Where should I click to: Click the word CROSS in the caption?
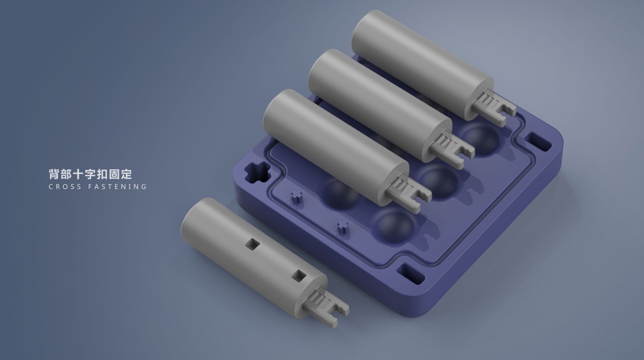[x=65, y=186]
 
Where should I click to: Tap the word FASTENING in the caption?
[x=117, y=186]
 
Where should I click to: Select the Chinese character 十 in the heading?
[x=78, y=174]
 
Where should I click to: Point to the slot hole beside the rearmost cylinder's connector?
[x=538, y=142]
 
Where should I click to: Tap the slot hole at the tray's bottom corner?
[x=411, y=273]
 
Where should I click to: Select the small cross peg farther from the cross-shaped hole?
[x=343, y=226]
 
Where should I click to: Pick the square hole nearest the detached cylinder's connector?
[x=299, y=276]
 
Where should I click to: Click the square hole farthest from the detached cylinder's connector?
[x=252, y=244]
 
